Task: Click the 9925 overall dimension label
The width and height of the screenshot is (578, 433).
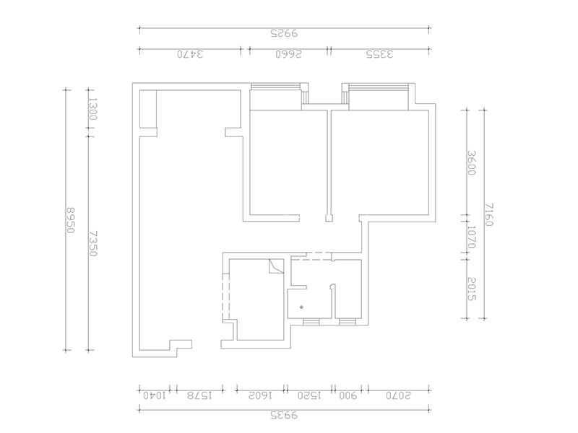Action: click(x=284, y=33)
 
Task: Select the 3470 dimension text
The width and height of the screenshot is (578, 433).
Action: click(x=190, y=55)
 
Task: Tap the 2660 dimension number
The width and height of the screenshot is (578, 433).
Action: click(x=288, y=55)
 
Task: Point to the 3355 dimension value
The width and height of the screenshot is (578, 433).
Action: click(x=380, y=55)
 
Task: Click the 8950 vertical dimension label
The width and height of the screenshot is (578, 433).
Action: click(x=70, y=220)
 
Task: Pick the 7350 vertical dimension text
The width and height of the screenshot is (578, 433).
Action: click(x=93, y=243)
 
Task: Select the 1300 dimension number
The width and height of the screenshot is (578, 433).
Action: click(x=92, y=109)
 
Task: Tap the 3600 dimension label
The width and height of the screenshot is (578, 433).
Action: click(x=472, y=162)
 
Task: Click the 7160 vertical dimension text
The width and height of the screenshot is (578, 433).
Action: click(x=489, y=214)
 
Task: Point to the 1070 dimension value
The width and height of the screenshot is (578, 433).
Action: click(x=472, y=237)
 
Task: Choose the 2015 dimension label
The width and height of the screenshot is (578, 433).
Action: click(x=472, y=289)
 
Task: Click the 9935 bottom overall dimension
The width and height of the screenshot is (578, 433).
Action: click(x=284, y=416)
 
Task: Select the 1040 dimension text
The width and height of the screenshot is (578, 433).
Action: click(x=155, y=395)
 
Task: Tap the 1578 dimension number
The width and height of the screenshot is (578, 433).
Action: click(x=199, y=395)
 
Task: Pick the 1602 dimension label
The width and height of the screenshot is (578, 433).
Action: click(x=260, y=395)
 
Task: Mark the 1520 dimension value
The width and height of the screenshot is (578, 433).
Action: click(x=310, y=395)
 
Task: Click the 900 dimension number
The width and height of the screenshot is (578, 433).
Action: click(x=348, y=395)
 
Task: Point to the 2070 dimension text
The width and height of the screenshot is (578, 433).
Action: click(x=398, y=395)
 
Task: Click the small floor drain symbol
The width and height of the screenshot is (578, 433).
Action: click(x=302, y=307)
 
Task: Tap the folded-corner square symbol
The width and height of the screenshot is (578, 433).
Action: click(x=276, y=266)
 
